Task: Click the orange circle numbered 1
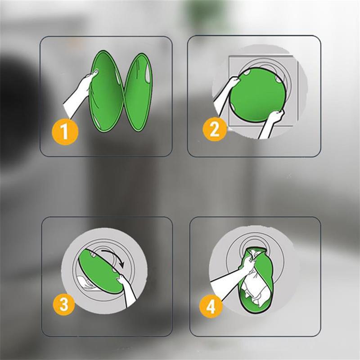[65, 131]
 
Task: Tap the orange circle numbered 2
[215, 129]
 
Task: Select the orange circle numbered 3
[64, 304]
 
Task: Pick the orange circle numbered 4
[211, 306]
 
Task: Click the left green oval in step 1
[106, 91]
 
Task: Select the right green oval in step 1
[138, 92]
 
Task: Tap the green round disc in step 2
[258, 95]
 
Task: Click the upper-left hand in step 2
[226, 92]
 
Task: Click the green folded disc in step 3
[102, 271]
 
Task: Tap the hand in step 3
[127, 290]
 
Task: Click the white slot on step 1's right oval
[148, 73]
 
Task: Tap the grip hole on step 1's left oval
[95, 72]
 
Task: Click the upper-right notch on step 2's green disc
[279, 80]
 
